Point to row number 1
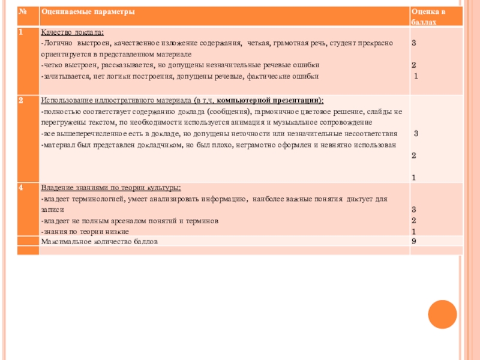(21, 32)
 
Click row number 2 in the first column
(21, 100)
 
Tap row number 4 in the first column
(21, 188)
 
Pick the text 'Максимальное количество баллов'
(99, 241)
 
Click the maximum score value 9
(413, 241)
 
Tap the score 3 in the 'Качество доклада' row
(413, 44)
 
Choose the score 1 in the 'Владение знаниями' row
(413, 232)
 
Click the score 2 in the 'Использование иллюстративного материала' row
(413, 155)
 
